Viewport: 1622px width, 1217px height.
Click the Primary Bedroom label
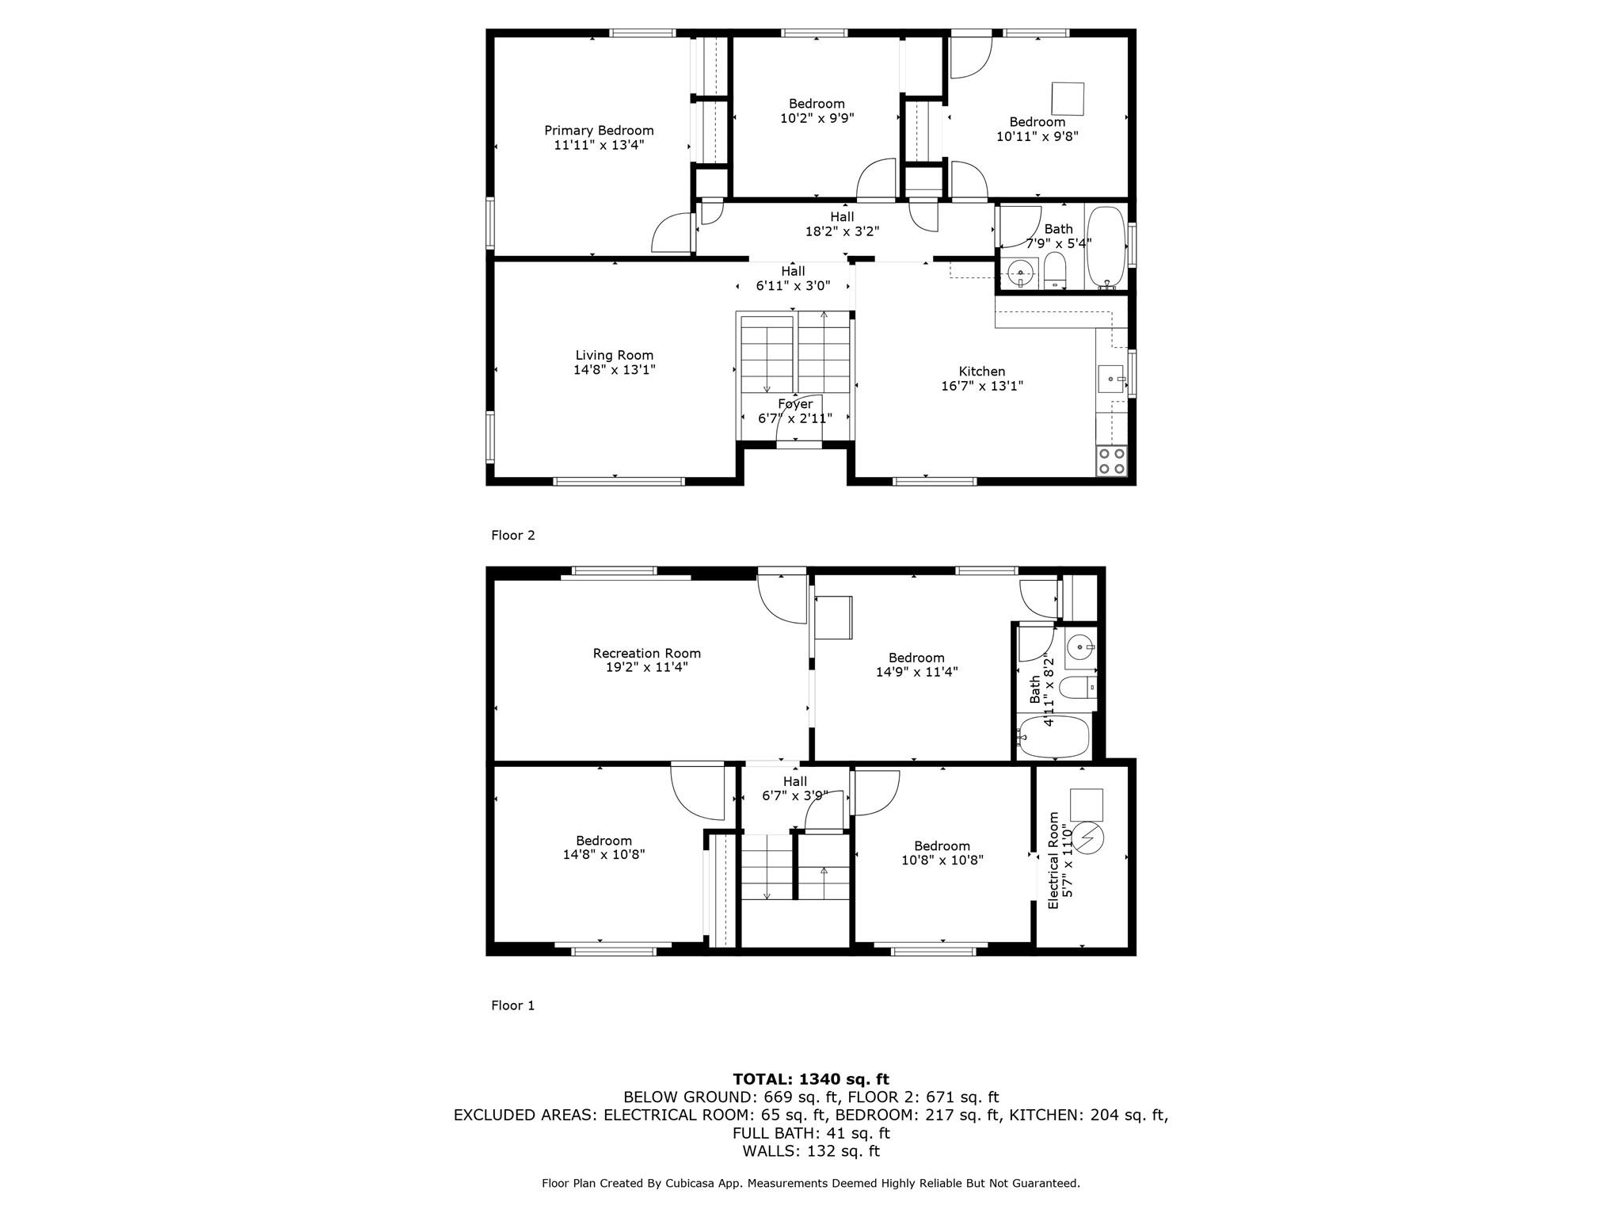[599, 131]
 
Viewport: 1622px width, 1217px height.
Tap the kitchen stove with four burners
[1111, 461]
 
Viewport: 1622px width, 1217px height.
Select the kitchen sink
[1111, 379]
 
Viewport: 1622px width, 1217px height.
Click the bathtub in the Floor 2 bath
[1105, 246]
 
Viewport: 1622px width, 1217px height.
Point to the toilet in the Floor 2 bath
[1055, 272]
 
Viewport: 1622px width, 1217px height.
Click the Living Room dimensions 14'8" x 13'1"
[615, 370]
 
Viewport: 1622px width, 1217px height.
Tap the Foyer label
[795, 404]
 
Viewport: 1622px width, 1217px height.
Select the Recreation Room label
[647, 654]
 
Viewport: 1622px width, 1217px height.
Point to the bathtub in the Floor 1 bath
[1054, 737]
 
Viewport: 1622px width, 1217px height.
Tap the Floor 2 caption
[513, 536]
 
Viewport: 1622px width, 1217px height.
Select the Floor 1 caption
[513, 1005]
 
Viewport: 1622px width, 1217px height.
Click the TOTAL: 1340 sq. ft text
[811, 1079]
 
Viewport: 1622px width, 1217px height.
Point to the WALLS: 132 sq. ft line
[811, 1151]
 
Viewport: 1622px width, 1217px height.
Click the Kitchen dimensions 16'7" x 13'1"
[982, 387]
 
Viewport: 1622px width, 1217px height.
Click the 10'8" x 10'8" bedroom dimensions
[942, 860]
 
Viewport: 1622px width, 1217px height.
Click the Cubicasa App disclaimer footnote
[811, 1183]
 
